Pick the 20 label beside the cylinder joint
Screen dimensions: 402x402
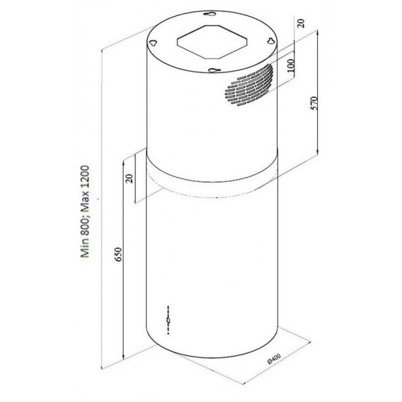tap(129, 179)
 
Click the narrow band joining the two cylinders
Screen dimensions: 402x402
tap(212, 180)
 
